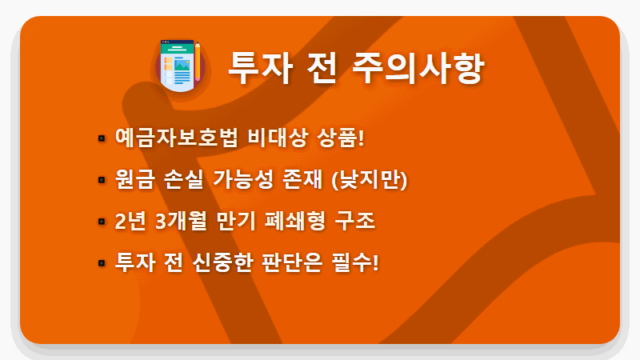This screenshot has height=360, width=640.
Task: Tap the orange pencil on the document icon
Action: click(x=197, y=58)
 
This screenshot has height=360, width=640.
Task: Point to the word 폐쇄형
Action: click(x=294, y=222)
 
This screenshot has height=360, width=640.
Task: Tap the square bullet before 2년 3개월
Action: click(x=101, y=222)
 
